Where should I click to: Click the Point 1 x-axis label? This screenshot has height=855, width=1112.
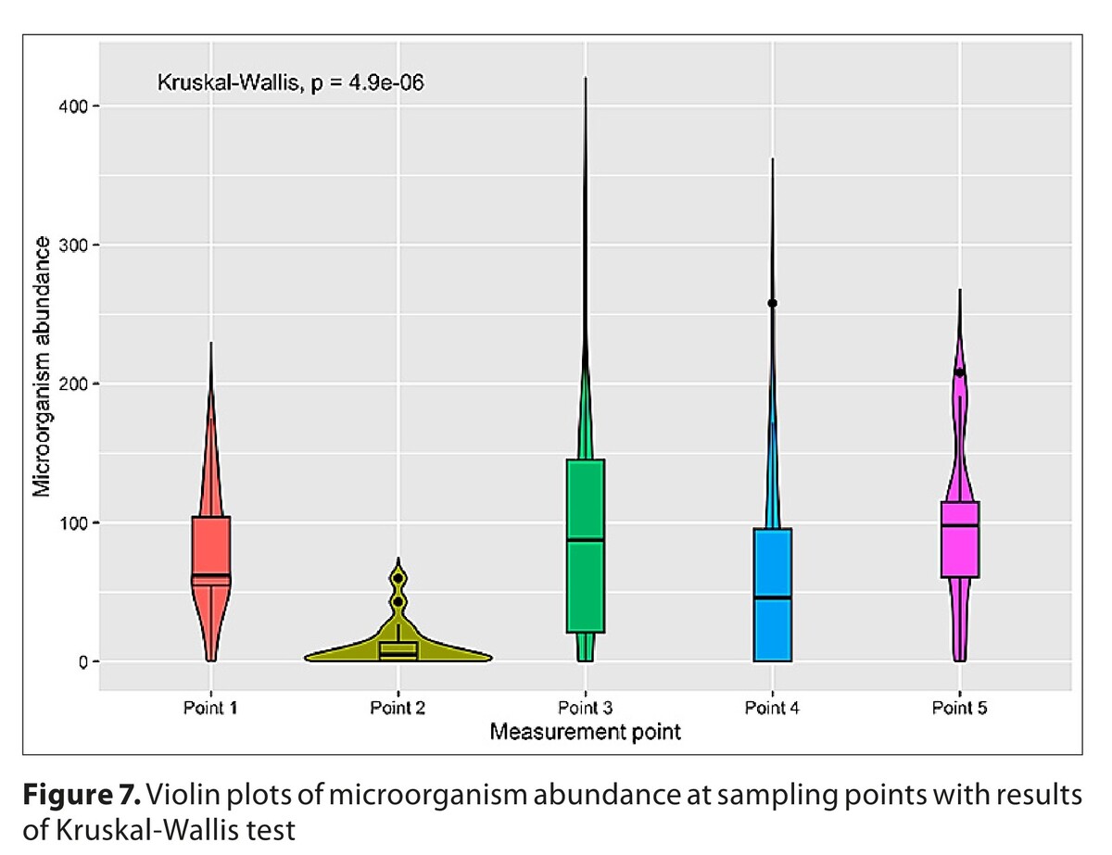click(210, 710)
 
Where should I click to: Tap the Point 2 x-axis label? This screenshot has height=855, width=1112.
click(398, 710)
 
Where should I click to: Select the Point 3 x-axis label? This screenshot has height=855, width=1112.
click(585, 710)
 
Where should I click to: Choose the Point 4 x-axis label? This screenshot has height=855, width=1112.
click(772, 710)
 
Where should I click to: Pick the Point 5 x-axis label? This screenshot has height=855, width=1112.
click(959, 710)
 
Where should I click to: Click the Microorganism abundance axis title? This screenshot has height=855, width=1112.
click(43, 366)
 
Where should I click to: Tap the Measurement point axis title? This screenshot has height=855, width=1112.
click(585, 733)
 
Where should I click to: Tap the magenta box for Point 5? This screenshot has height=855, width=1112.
click(959, 539)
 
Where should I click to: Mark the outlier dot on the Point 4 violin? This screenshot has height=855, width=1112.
click(772, 303)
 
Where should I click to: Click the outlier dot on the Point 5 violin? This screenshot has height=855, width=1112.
click(959, 372)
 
